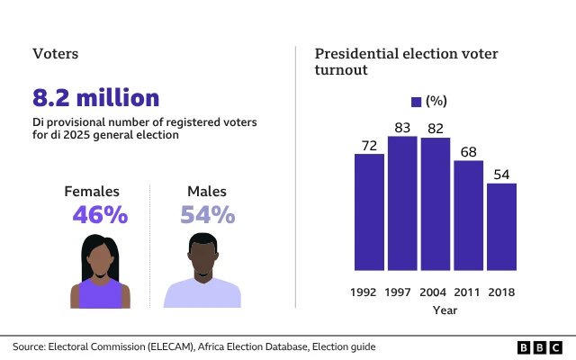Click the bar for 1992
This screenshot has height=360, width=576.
pyautogui.click(x=369, y=211)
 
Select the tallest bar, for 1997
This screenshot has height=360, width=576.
pyautogui.click(x=402, y=202)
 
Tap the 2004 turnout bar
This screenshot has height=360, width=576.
pyautogui.click(x=436, y=203)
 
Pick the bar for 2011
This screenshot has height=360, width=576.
pyautogui.click(x=468, y=215)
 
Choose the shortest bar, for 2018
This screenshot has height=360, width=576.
pyautogui.click(x=501, y=226)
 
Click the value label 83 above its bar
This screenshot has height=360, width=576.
pyautogui.click(x=402, y=127)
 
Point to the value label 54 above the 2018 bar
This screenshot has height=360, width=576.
pyautogui.click(x=501, y=174)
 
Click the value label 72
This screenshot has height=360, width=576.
pyautogui.click(x=369, y=144)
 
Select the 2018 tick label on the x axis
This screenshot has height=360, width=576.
pyautogui.click(x=501, y=292)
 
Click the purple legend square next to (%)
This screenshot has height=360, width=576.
pyautogui.click(x=416, y=101)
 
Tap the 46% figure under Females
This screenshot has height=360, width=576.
pyautogui.click(x=100, y=215)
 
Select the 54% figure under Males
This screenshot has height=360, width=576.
pyautogui.click(x=208, y=215)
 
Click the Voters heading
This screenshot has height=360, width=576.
pyautogui.click(x=55, y=54)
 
